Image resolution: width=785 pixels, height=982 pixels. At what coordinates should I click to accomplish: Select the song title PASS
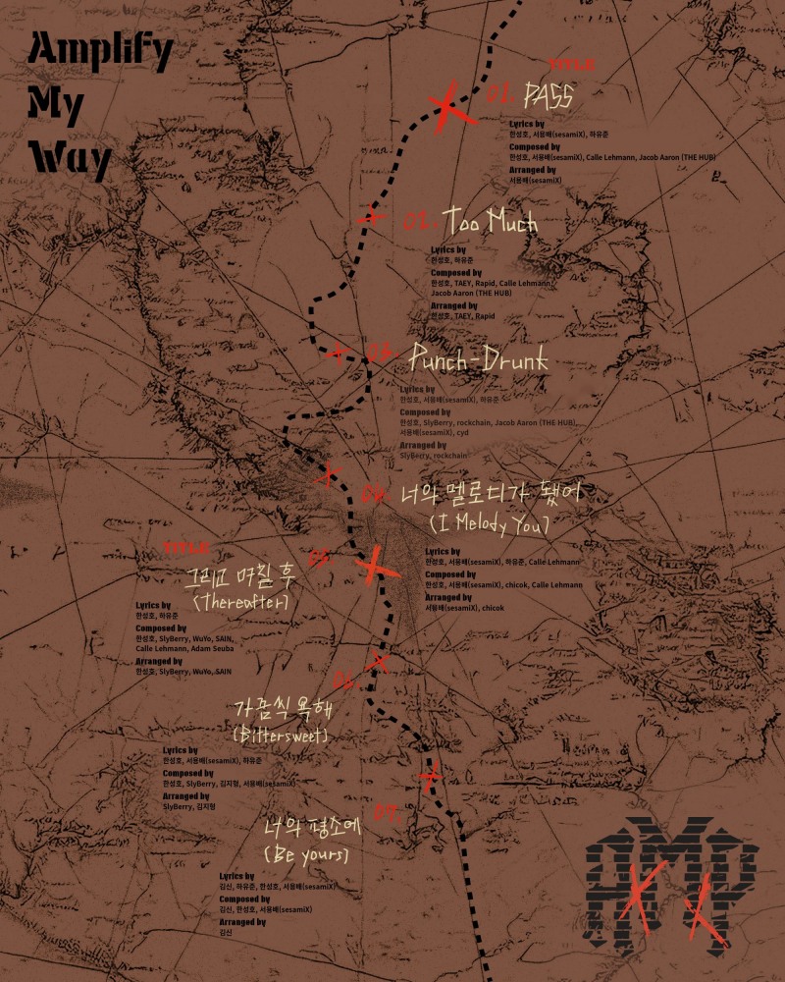click(x=549, y=95)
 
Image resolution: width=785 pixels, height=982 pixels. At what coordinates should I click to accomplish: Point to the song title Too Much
click(x=491, y=221)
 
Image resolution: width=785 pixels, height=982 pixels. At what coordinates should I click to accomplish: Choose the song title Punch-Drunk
click(x=479, y=361)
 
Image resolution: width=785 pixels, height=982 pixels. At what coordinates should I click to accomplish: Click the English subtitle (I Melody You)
click(x=489, y=524)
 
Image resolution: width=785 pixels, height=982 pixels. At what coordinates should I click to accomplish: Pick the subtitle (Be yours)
click(x=306, y=854)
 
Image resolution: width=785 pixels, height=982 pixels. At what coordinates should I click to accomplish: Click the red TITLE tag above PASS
click(x=571, y=64)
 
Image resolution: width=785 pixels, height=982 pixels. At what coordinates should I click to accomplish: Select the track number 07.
click(x=386, y=811)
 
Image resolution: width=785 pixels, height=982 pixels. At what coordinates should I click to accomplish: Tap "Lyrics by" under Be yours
click(x=237, y=875)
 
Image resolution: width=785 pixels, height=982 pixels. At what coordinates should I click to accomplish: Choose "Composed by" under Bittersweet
click(x=188, y=772)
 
